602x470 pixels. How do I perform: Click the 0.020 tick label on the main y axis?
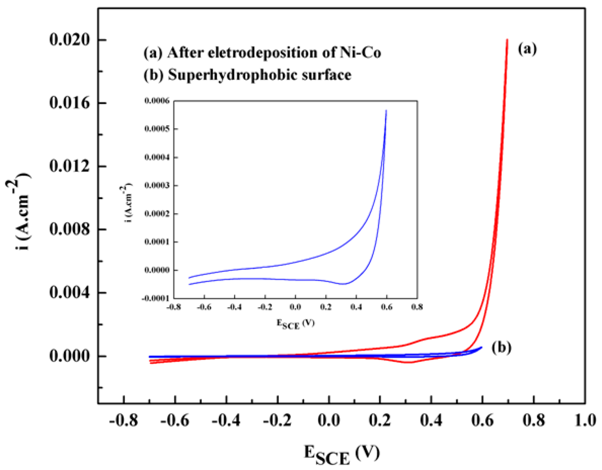[69, 40]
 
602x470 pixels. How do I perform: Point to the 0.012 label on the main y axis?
[69, 166]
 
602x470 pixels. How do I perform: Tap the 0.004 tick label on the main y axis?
[69, 293]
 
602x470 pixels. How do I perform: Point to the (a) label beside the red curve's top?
[527, 50]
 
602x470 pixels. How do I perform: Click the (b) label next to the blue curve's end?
[501, 347]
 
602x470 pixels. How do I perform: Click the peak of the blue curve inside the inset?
[386, 110]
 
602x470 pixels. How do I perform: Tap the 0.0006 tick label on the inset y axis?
[157, 101]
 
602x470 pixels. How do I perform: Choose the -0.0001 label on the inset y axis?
[156, 298]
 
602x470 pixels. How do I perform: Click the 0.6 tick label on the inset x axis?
[386, 307]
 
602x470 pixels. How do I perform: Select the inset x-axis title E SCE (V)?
[295, 324]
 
